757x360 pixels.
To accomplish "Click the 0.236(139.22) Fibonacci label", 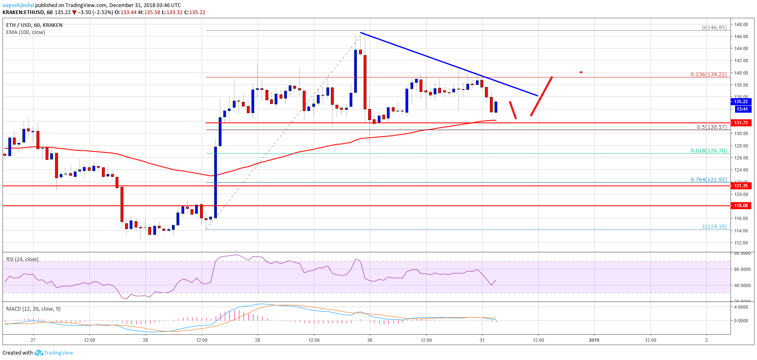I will tap(708, 75).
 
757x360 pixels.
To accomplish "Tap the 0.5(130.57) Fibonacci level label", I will tap(711, 127).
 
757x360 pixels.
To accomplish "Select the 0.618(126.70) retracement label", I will tap(708, 151).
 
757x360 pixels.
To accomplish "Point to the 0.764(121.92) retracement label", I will tap(708, 180).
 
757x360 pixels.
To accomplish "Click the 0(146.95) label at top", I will tap(714, 28).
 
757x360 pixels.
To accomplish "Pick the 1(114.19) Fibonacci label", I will tap(714, 227).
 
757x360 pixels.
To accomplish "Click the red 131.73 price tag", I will tap(741, 123).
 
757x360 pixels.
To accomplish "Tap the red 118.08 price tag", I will tap(741, 205).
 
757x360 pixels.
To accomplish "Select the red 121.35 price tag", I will tap(741, 186).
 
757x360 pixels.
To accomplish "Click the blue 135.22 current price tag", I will tap(741, 101).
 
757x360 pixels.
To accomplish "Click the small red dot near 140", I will tap(581, 72).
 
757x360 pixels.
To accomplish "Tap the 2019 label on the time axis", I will tap(594, 340).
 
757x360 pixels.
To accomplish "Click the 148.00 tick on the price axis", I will tap(741, 24).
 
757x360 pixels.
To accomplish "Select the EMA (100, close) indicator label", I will tap(26, 32).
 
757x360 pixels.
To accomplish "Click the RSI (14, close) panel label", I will tap(22, 259).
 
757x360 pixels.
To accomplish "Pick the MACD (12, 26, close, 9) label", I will tap(33, 309).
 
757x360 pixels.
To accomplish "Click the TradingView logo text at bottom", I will tap(58, 353).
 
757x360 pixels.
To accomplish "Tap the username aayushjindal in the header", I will tap(18, 5).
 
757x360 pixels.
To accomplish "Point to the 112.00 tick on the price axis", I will tap(741, 243).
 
